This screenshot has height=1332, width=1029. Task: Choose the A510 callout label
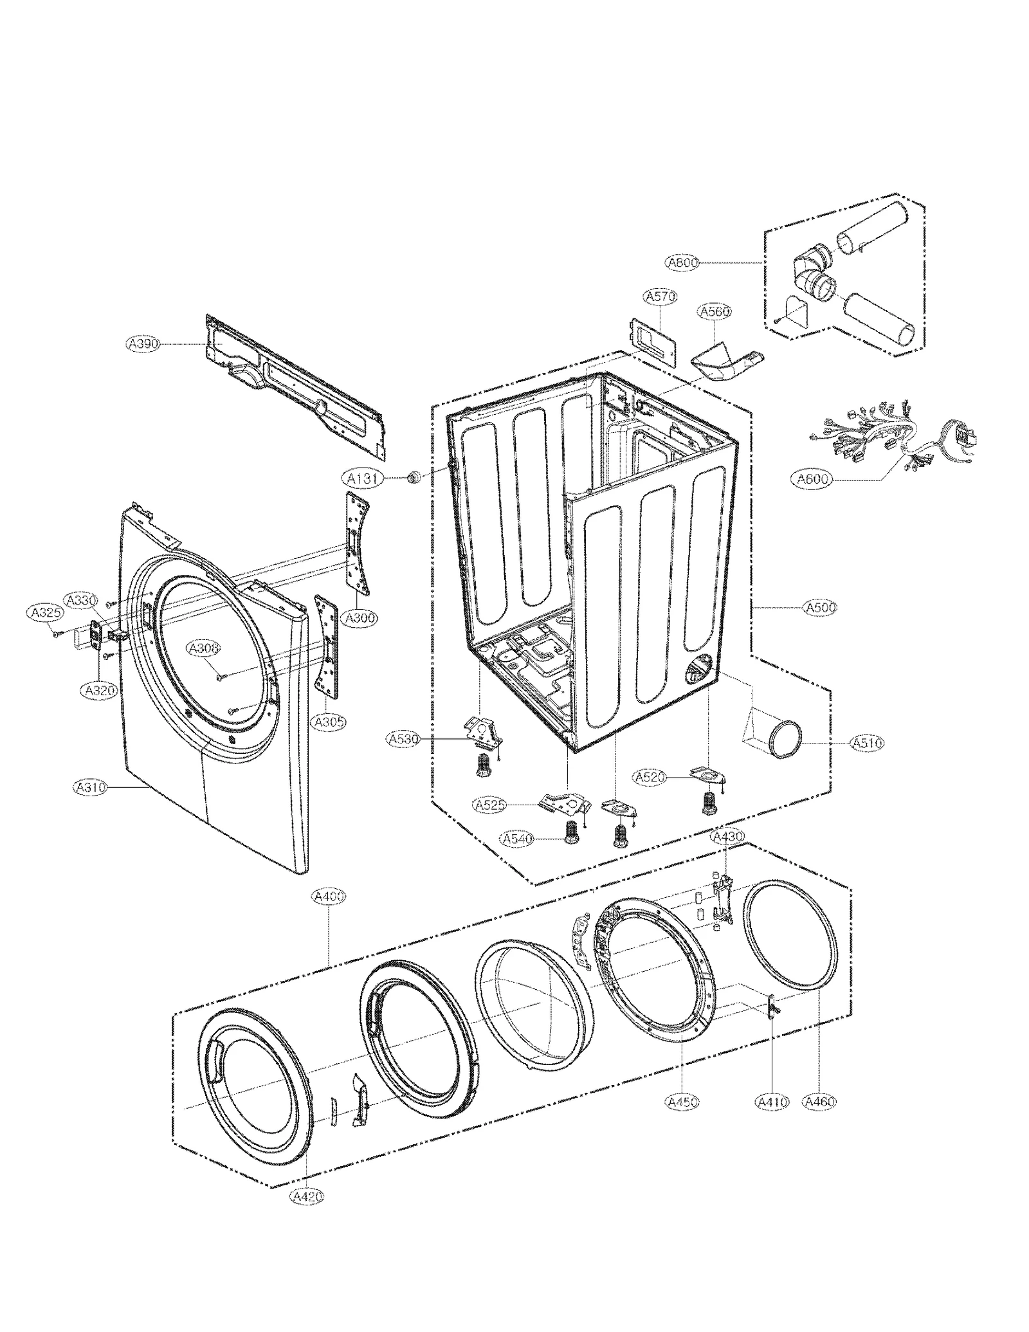[x=867, y=743]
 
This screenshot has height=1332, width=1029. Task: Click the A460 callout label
[x=820, y=1102]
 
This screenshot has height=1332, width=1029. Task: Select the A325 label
[x=47, y=613]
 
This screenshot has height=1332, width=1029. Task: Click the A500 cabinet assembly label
[x=820, y=607]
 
